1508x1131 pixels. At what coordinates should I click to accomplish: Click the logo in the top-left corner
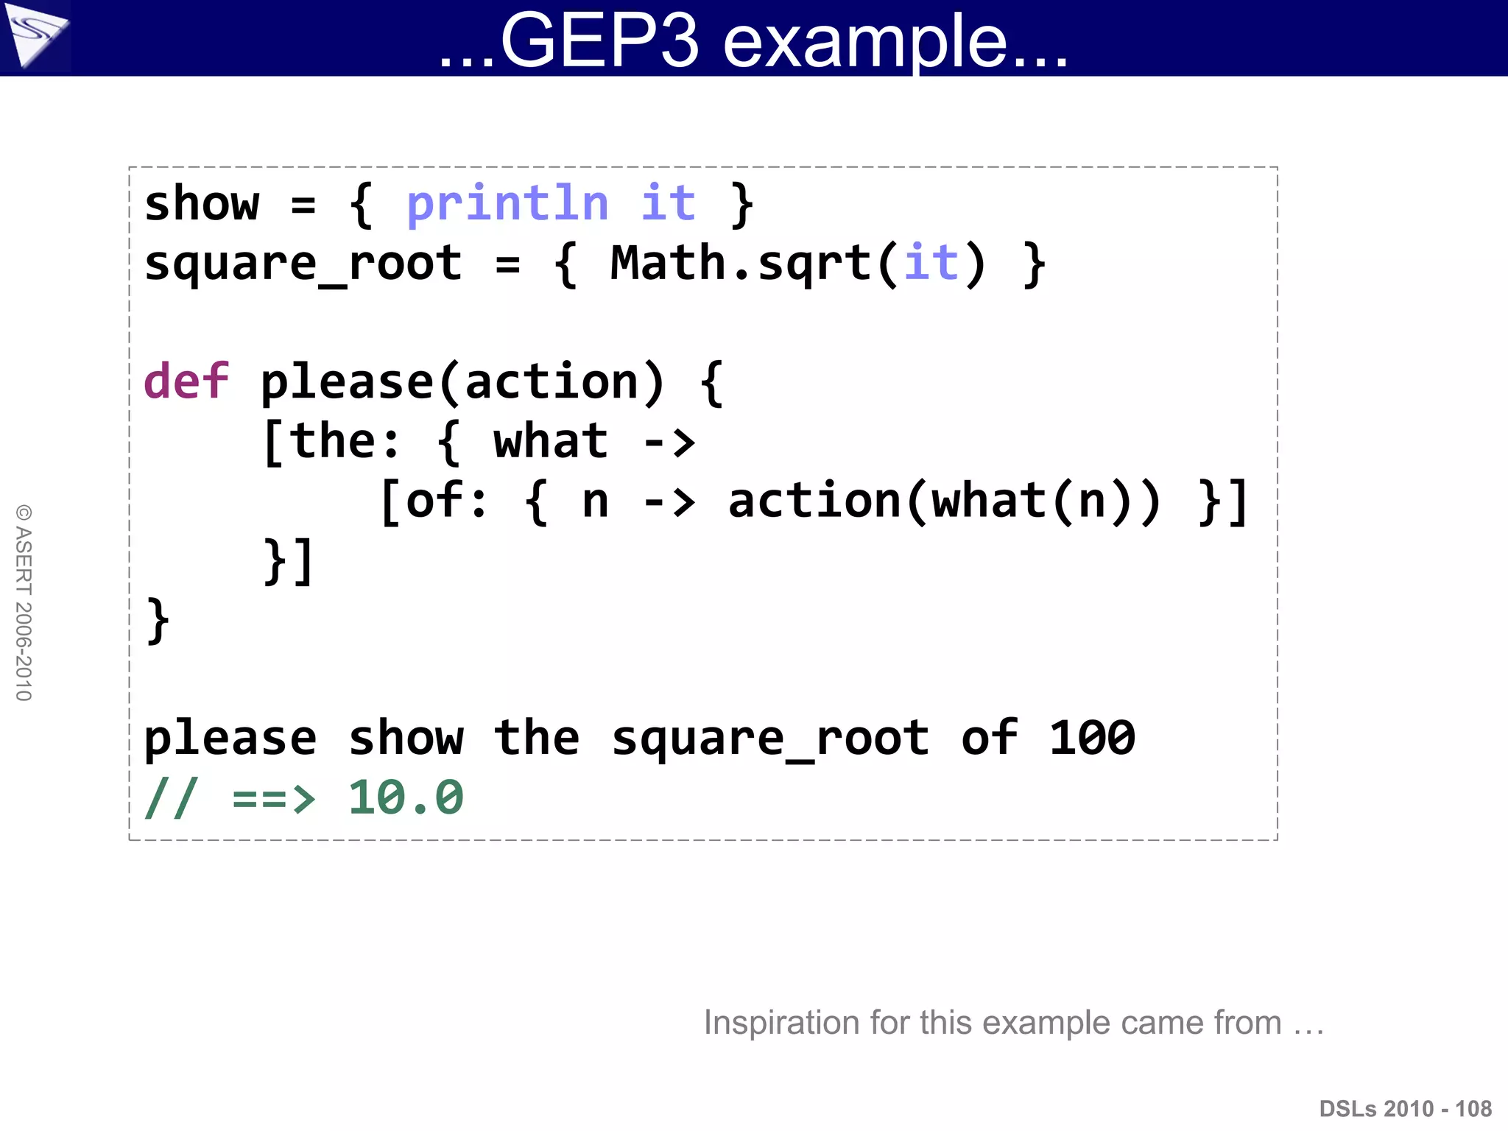35,35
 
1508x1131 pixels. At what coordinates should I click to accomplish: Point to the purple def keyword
186,381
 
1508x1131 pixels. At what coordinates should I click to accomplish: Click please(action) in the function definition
462,382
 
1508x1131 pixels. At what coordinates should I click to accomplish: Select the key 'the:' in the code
332,442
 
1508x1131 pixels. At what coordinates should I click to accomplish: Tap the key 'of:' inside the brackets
434,501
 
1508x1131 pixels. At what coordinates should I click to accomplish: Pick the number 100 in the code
1091,738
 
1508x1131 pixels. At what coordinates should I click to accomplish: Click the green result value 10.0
406,797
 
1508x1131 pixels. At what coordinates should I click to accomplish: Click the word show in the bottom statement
406,738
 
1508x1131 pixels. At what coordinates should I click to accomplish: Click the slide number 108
1473,1109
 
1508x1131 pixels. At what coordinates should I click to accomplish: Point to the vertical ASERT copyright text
24,602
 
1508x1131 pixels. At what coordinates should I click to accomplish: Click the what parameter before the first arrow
550,442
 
